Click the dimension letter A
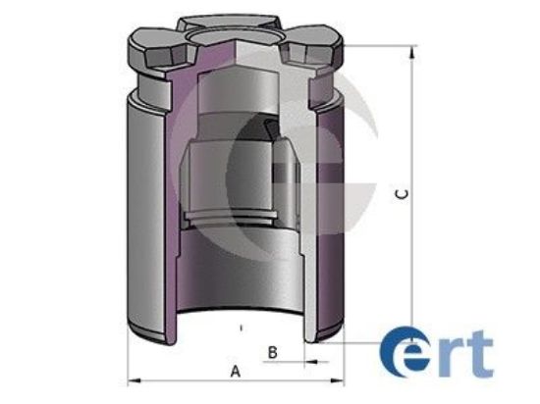coord(235,371)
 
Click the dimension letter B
coord(275,350)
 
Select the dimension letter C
coord(403,194)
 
